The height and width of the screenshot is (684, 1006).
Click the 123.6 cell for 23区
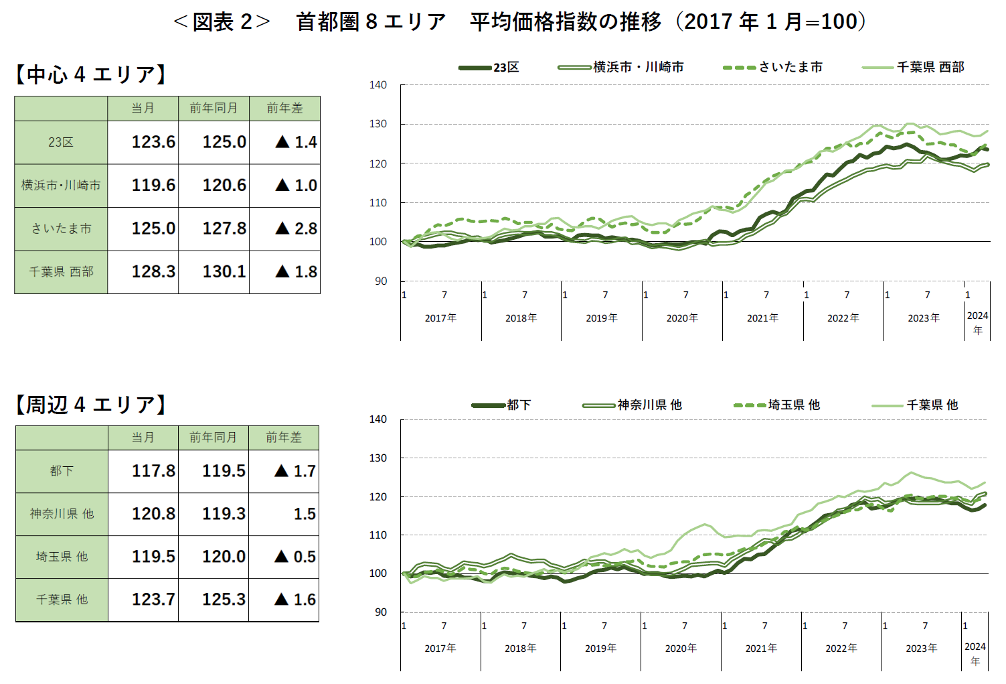153,142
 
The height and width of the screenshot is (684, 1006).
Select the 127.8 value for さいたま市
224,228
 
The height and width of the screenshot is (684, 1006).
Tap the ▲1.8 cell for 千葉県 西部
296,271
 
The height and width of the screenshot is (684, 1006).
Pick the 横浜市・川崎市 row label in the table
61,185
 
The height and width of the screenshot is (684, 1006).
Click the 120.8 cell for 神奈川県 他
153,514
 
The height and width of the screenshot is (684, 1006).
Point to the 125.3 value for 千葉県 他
224,600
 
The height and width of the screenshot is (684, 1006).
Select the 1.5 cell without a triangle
305,514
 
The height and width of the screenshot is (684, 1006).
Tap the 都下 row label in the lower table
62,471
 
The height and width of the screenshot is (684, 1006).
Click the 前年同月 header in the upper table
214,108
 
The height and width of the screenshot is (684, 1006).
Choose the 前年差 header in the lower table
284,437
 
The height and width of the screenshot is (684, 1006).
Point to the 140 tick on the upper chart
378,85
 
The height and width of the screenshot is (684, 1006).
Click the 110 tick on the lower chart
378,535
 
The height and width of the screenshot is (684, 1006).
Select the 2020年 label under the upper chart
682,318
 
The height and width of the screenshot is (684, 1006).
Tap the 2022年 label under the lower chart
841,648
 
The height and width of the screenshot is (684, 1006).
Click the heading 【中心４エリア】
90,74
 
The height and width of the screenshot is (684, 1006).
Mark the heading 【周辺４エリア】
90,405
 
